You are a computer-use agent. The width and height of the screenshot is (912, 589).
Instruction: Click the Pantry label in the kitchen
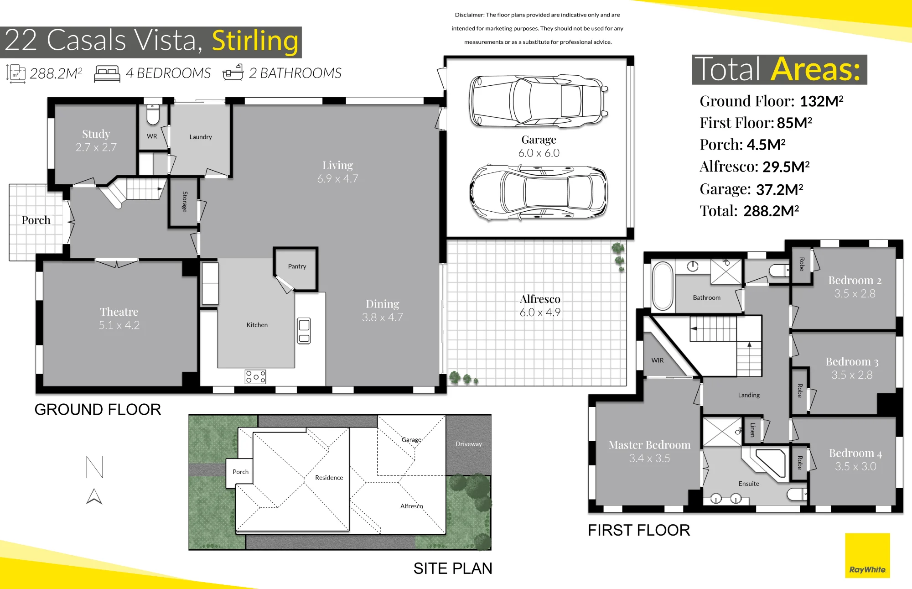point(297,266)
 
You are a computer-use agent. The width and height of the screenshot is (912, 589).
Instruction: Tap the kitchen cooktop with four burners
point(255,377)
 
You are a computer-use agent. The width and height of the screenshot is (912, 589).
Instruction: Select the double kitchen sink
point(304,331)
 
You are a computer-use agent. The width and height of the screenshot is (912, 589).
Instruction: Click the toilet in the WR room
point(153,115)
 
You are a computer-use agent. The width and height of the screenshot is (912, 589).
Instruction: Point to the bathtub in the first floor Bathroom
point(663,286)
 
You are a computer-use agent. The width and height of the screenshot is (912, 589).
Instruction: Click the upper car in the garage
point(539,101)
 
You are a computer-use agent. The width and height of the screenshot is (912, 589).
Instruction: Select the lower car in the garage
point(539,193)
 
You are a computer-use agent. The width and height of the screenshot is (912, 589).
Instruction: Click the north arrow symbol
point(94,496)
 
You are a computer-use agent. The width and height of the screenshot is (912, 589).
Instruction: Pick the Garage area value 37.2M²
point(779,189)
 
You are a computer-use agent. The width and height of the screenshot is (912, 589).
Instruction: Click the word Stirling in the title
point(255,41)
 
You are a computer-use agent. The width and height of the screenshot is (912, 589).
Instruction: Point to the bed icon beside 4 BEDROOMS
point(107,74)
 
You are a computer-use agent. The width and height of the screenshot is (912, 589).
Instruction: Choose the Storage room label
point(185,202)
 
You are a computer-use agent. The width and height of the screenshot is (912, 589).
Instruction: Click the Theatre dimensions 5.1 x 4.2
point(119,325)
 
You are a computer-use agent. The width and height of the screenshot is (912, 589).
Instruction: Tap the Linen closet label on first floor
point(752,430)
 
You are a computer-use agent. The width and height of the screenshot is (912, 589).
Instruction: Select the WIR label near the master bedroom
point(658,360)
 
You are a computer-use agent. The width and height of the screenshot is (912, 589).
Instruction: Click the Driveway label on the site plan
point(469,444)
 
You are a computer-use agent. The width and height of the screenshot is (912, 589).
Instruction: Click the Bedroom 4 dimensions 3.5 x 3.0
point(855,467)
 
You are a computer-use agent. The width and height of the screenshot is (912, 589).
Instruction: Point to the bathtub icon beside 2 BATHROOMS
point(233,73)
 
